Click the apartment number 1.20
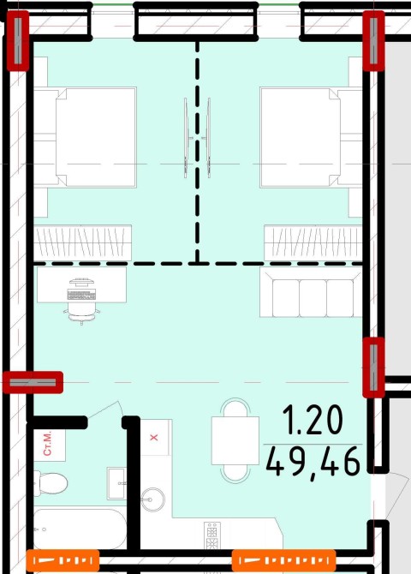[313, 421]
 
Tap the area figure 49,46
[313, 462]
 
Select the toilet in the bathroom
[51, 483]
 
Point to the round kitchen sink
[152, 499]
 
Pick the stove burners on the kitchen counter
[212, 535]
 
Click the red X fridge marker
[154, 437]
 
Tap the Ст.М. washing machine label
[48, 444]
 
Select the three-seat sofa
[311, 292]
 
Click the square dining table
[235, 440]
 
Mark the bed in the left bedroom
[85, 137]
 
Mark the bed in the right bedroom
[311, 137]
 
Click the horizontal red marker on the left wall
[33, 383]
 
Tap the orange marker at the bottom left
[63, 560]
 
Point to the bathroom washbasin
[116, 483]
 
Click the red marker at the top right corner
[373, 40]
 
